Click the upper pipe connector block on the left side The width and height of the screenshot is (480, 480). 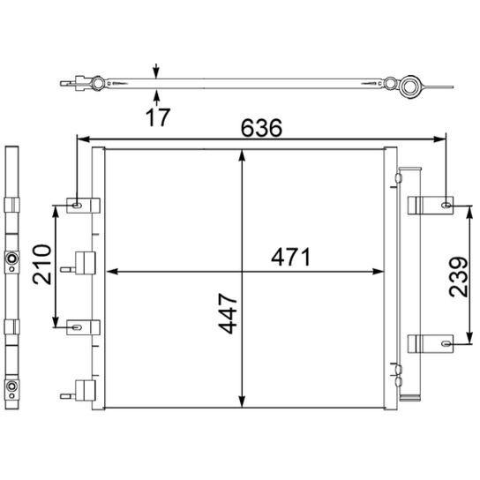(x=86, y=262)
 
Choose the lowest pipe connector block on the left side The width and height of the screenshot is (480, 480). (x=86, y=389)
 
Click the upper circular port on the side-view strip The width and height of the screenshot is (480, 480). (x=12, y=259)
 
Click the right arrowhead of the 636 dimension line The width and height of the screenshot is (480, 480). (x=441, y=139)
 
